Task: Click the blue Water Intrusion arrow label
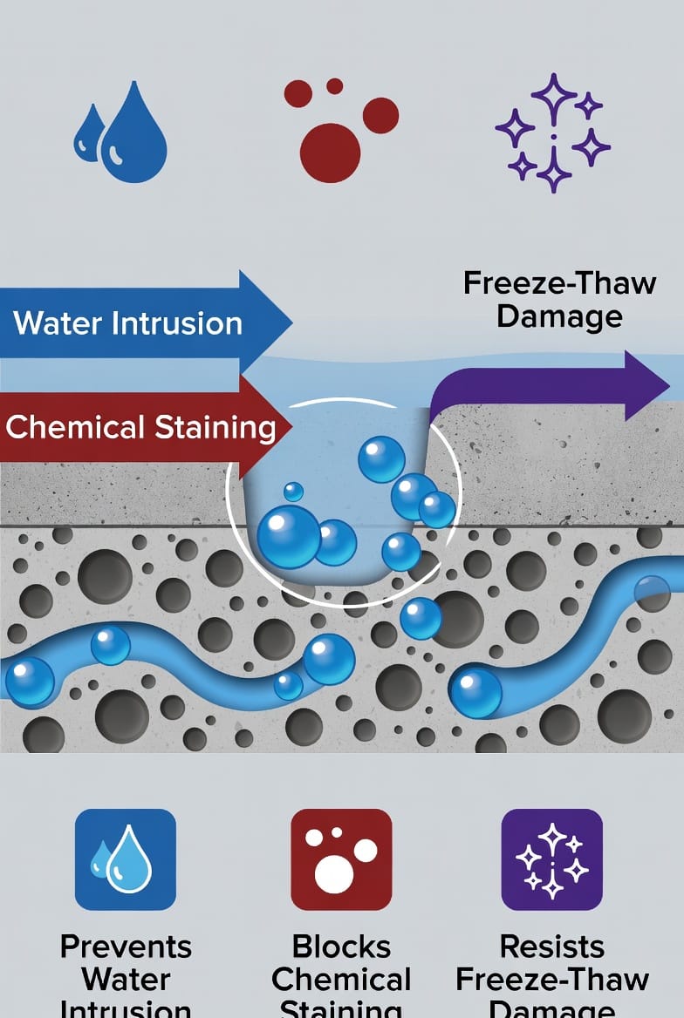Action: tap(128, 323)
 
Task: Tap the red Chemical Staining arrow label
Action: tap(140, 427)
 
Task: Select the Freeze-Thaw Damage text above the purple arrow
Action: tap(559, 298)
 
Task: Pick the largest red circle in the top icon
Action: tap(330, 153)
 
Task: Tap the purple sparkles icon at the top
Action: tap(553, 132)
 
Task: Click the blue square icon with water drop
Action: tap(126, 859)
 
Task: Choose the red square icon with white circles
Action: tap(341, 859)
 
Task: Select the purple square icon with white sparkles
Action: tap(552, 859)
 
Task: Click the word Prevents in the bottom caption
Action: tap(126, 947)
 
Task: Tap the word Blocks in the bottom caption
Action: tap(341, 947)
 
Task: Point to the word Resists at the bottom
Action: tap(552, 947)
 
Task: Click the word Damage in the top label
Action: tap(559, 316)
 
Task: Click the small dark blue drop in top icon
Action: tap(89, 136)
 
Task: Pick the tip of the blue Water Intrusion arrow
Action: tap(290, 322)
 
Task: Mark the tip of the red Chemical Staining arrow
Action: tap(290, 427)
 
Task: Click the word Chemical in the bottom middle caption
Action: tap(341, 980)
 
